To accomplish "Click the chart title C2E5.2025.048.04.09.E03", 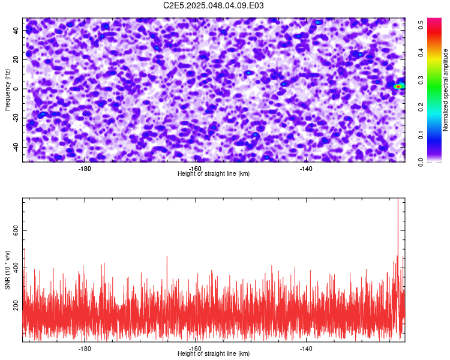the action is [213, 5].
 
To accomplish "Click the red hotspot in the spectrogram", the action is [398, 86].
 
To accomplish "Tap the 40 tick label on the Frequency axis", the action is [16, 30].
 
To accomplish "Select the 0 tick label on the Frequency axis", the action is [16, 89].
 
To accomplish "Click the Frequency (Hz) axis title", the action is [7, 89].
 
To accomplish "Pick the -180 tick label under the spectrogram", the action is [85, 169].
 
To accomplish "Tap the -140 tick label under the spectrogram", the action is [306, 169].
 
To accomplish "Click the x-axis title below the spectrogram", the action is [214, 173].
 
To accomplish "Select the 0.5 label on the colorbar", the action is [421, 25].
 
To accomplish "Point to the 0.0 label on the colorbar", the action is [421, 162].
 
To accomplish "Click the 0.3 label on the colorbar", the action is [421, 80].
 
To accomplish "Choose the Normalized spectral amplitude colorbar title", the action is [445, 90].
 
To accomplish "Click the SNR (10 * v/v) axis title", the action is [7, 270].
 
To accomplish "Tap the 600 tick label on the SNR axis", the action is [16, 230].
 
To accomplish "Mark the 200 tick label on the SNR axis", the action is [16, 305].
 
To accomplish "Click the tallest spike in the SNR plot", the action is [398, 199].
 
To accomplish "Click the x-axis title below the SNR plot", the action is [214, 353].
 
